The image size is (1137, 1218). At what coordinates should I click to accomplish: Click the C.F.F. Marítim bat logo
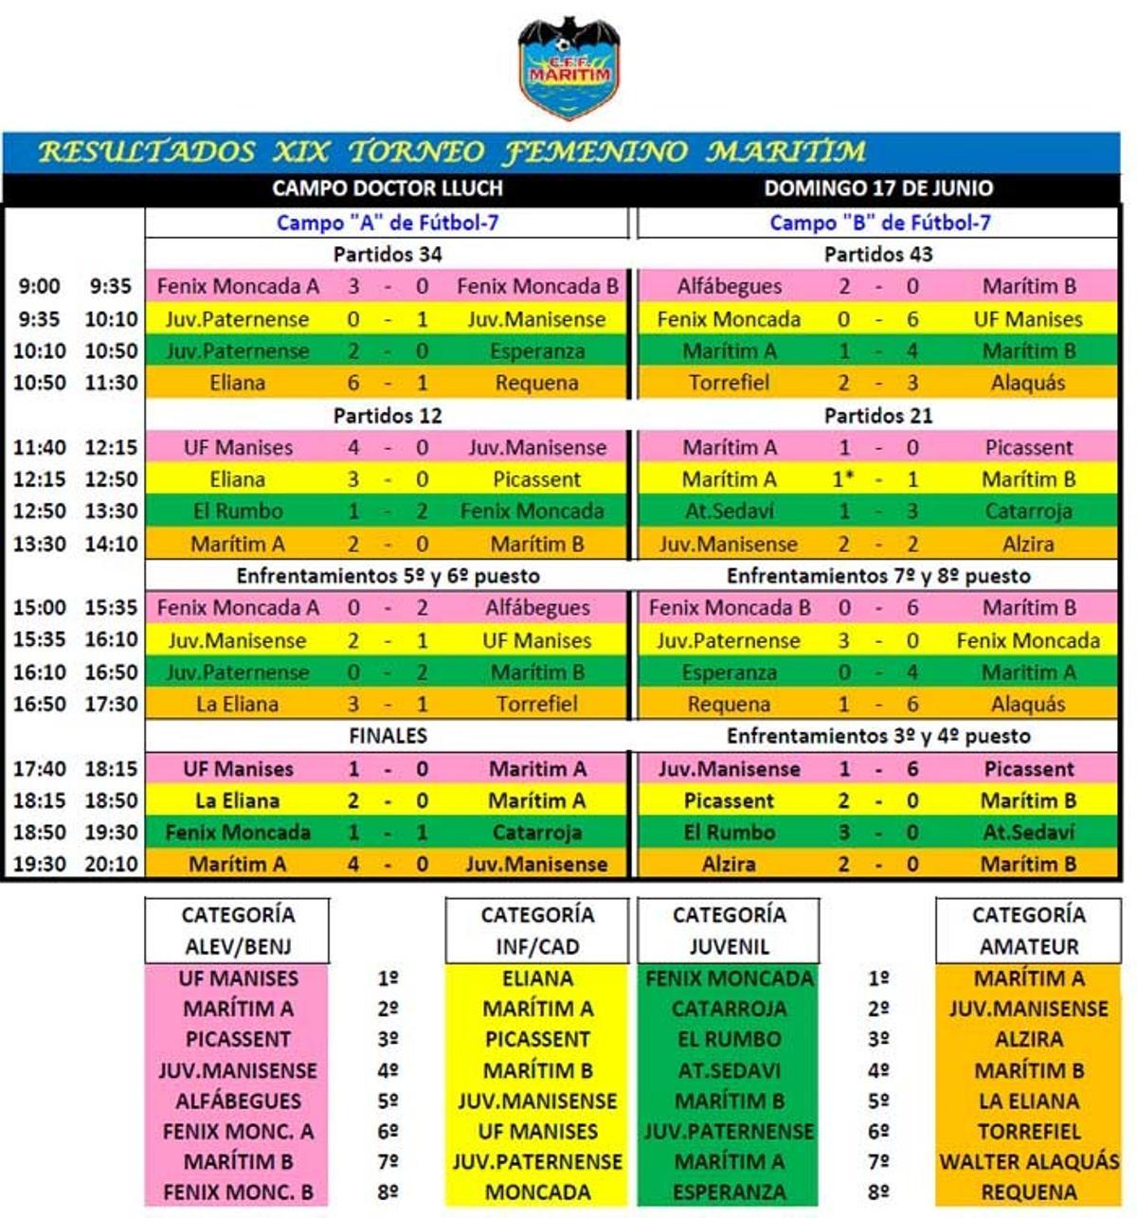tap(568, 66)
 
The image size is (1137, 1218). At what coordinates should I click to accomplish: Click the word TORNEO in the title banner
tap(416, 152)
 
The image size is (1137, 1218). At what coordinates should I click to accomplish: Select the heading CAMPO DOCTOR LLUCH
tap(387, 188)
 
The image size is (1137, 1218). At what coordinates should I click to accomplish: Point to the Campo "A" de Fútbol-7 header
tap(387, 223)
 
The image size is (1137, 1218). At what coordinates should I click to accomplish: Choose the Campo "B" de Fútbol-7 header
tap(879, 223)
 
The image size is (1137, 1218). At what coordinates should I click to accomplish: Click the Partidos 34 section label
tap(387, 254)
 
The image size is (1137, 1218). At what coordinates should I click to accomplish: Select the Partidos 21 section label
tap(878, 415)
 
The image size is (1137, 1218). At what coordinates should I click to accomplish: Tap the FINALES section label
tap(388, 736)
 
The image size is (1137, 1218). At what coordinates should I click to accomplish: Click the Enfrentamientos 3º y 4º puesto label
tap(878, 736)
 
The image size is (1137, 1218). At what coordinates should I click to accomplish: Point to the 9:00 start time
tap(39, 286)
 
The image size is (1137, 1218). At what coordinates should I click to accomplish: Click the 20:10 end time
tap(112, 864)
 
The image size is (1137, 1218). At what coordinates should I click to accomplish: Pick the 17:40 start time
tap(39, 769)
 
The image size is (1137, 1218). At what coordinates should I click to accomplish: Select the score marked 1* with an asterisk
tap(843, 479)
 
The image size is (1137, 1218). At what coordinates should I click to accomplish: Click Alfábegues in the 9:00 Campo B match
tap(730, 286)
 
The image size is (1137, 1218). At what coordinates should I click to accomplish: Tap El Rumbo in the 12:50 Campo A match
tap(238, 511)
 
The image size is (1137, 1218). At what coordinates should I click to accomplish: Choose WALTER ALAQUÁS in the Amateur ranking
tap(1028, 1161)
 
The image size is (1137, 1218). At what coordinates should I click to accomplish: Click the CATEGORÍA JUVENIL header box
tap(729, 930)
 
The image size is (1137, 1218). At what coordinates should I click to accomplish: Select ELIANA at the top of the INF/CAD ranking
tap(537, 978)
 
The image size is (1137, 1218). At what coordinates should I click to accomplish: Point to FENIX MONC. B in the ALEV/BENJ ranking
tap(238, 1191)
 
